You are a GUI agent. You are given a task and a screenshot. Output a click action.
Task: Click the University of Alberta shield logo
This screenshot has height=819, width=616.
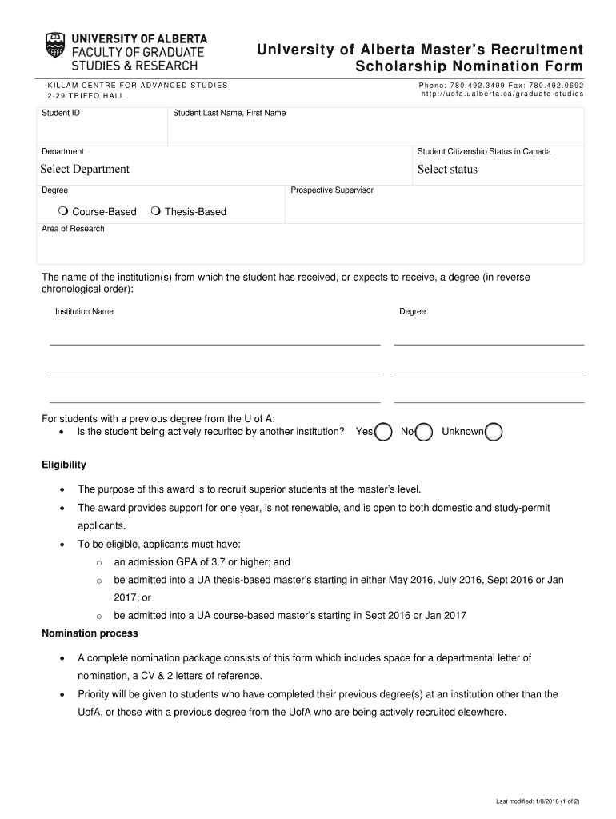[x=56, y=49]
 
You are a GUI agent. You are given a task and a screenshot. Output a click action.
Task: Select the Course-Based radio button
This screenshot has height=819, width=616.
[x=62, y=211]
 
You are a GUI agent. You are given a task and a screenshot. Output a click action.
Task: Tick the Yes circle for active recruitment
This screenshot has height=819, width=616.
[x=383, y=432]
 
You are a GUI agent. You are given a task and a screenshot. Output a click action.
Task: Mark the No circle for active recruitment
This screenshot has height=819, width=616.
[x=424, y=432]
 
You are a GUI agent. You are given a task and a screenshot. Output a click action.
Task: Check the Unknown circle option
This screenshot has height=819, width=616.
[x=494, y=432]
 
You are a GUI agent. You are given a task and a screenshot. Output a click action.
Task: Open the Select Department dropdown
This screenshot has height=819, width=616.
[x=85, y=169]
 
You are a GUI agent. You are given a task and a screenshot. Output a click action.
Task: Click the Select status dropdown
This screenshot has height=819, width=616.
[x=447, y=169]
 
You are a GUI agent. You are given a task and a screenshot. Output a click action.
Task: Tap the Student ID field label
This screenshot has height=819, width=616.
[x=61, y=113]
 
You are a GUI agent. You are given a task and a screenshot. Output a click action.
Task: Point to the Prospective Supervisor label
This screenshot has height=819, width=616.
[x=332, y=190]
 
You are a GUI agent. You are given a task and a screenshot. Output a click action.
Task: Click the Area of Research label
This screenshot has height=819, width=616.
[x=73, y=229]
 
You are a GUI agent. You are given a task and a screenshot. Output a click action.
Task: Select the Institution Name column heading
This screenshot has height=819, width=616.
[x=84, y=311]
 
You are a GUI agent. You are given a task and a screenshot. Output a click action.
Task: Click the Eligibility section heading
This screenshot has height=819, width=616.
[x=64, y=465]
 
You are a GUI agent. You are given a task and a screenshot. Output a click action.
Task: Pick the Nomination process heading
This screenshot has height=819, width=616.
[x=90, y=633]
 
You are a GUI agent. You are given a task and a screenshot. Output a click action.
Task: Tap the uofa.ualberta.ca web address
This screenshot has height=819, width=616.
[x=502, y=94]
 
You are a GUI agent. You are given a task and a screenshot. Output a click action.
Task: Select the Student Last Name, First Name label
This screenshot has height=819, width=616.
[x=229, y=113]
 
